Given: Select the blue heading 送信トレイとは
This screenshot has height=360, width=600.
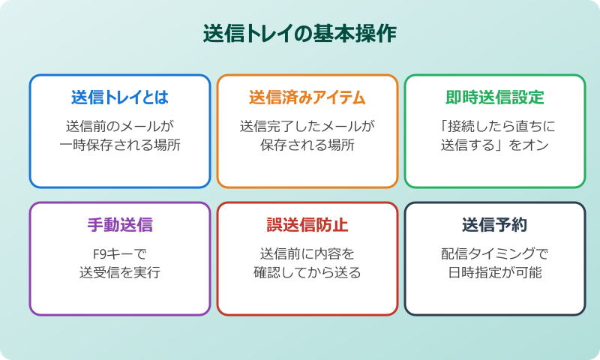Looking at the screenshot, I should pos(120,98).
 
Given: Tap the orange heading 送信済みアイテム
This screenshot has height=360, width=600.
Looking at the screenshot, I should pos(307,98).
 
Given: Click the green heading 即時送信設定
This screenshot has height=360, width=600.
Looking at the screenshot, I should pos(495,98).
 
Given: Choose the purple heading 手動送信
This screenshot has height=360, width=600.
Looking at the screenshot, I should pos(120,226).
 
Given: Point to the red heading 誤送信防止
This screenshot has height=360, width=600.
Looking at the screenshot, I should pos(307,226).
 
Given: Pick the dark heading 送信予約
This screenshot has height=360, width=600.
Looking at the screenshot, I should pos(495,226).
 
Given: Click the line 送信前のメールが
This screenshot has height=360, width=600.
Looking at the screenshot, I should pos(120,125).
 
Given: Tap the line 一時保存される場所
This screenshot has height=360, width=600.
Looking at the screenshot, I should pos(120,145).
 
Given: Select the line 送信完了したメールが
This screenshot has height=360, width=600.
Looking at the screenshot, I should pos(307,125).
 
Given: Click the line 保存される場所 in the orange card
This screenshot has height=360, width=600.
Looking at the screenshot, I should pos(307,145).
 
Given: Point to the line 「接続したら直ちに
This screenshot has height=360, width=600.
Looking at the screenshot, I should pos(495,125).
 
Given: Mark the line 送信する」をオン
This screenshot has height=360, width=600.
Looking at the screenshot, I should pos(495,145).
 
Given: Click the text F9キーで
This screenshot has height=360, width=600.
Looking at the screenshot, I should pos(120,253).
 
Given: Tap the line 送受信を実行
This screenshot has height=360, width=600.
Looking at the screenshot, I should pos(120,272).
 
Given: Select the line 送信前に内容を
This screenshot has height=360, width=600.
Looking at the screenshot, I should pos(307,253).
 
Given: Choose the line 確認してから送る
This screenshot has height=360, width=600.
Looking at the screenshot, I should pos(307,272).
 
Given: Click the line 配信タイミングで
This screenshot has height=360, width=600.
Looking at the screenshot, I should pos(495,253).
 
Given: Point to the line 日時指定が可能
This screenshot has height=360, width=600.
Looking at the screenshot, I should pos(495,272).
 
